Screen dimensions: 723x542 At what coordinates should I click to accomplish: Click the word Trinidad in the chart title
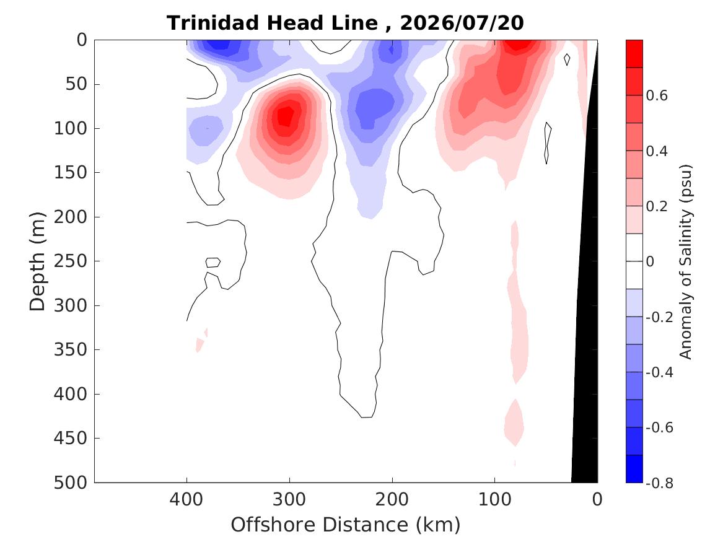(214, 23)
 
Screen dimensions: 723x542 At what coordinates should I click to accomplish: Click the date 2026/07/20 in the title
(462, 23)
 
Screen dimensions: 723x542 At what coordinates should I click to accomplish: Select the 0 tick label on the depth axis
(82, 40)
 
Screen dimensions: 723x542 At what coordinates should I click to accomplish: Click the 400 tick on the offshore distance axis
(186, 500)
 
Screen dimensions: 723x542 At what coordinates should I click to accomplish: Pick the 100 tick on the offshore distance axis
(495, 500)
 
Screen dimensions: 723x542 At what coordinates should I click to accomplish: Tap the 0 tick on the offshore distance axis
(597, 500)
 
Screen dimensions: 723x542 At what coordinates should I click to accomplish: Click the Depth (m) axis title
(37, 261)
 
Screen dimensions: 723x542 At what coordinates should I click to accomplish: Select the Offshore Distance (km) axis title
(345, 525)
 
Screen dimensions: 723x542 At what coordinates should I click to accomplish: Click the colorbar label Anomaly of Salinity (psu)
(686, 261)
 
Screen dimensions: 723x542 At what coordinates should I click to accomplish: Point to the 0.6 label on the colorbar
(657, 95)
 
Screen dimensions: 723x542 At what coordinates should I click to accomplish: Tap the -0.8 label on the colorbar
(659, 483)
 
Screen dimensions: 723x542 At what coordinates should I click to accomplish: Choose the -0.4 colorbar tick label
(659, 372)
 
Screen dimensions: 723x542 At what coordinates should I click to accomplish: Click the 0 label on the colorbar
(650, 262)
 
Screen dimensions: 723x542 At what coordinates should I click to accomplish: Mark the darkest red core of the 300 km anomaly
(285, 116)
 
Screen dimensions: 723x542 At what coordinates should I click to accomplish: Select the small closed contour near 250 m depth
(213, 262)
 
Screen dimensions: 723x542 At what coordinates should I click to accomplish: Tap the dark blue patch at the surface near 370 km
(219, 45)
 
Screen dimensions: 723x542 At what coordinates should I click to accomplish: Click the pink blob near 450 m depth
(514, 422)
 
